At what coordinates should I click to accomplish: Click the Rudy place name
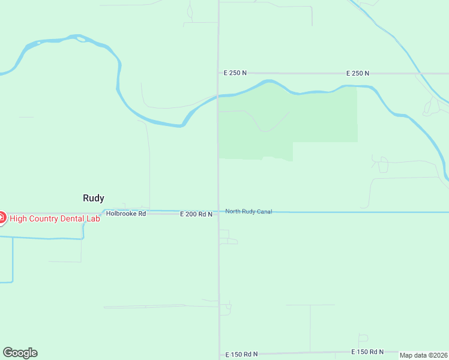coord(93,198)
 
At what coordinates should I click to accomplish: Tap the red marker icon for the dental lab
coord(1,218)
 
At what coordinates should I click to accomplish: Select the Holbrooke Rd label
coord(126,214)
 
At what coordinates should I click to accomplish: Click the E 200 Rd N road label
coord(196,214)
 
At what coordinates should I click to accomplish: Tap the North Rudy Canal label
coord(249,211)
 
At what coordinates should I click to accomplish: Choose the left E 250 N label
coord(235,73)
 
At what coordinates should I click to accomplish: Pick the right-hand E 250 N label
coord(358,73)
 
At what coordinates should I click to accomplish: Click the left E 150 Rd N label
coord(241,354)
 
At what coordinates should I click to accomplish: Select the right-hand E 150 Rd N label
coord(367,352)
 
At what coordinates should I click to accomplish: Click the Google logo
coord(20,353)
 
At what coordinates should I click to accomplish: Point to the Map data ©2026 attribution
coord(423,355)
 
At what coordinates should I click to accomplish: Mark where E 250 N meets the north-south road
coord(218,73)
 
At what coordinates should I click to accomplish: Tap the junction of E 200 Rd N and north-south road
coord(218,212)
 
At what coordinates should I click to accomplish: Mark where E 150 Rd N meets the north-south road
coord(218,354)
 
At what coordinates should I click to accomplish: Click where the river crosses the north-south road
coord(218,95)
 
